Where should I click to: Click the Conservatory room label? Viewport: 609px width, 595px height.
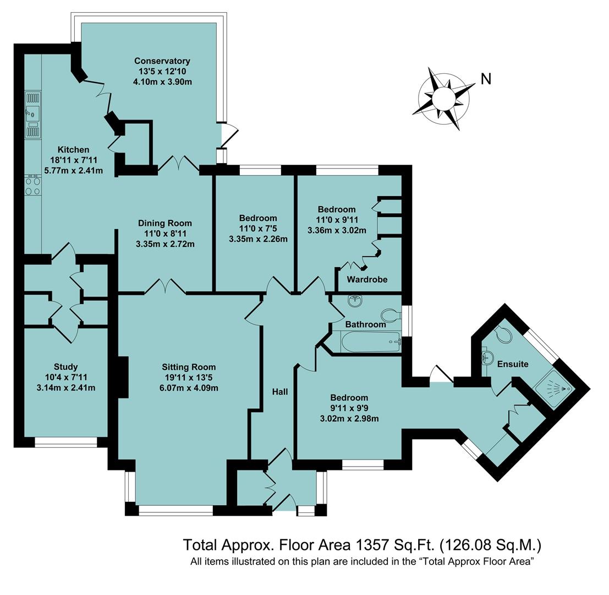tap(162, 61)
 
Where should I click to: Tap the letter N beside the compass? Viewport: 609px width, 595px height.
tap(486, 79)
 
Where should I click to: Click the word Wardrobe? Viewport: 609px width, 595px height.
tap(367, 279)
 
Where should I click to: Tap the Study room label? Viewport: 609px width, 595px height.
tap(65, 366)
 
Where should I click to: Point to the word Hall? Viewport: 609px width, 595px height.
tap(280, 392)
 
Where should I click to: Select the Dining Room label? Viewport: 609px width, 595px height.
tap(165, 223)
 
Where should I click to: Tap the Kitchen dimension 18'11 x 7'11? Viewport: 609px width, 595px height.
tap(74, 160)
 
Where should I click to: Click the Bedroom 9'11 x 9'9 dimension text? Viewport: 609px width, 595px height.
tap(349, 408)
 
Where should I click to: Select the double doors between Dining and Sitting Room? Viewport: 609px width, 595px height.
tap(164, 287)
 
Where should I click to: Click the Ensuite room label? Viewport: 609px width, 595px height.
tap(513, 364)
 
